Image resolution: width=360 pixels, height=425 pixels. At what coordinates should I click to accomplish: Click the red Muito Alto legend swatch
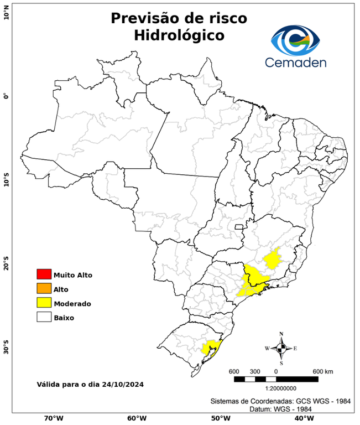[x=44, y=274]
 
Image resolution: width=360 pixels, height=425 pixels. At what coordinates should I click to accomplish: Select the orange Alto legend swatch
[x=44, y=288]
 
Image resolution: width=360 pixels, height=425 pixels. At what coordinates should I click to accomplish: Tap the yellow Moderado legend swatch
[x=44, y=303]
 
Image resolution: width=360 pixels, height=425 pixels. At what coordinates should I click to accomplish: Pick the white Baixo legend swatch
[x=44, y=317]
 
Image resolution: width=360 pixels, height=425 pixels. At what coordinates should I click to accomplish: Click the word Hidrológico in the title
[x=179, y=35]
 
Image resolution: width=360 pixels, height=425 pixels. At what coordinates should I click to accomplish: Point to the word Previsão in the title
[x=144, y=18]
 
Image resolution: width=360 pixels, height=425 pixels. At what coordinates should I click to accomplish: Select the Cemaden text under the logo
[x=296, y=62]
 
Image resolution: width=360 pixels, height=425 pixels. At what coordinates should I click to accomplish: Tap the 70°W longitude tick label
[x=54, y=418]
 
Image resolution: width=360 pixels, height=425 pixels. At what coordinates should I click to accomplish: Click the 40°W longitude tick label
[x=303, y=418]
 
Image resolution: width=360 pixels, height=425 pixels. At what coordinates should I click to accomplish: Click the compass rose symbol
[x=281, y=348]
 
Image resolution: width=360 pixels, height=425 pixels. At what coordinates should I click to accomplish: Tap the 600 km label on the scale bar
[x=322, y=371]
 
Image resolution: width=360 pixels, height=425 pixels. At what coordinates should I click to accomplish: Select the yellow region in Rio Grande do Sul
[x=210, y=348]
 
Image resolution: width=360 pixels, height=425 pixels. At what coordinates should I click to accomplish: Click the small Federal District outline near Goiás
[x=239, y=227]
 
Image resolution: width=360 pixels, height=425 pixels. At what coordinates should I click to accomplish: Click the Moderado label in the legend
[x=72, y=303]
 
